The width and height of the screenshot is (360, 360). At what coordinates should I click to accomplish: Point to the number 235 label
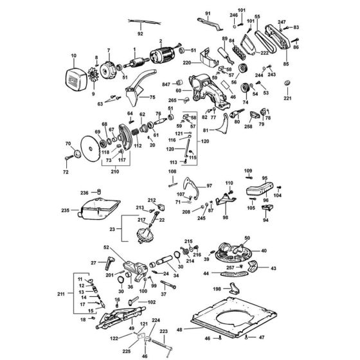(x=64, y=210)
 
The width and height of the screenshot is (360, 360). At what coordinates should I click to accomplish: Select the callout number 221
(x=287, y=98)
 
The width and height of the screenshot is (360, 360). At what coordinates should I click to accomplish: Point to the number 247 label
(x=282, y=22)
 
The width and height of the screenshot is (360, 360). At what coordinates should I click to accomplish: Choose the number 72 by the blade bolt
(x=64, y=173)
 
